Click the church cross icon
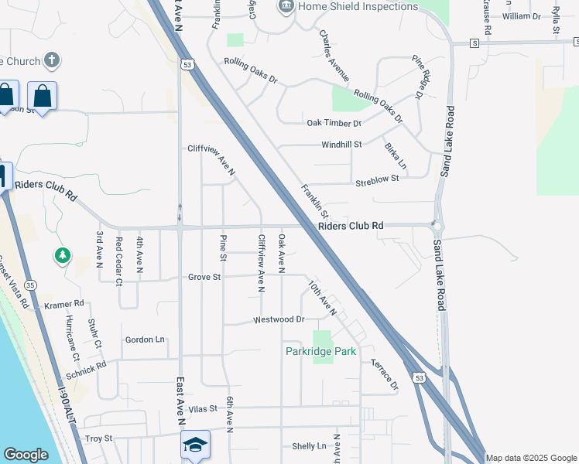pos(52,60)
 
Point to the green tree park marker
pos(63,254)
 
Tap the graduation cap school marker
pos(195,445)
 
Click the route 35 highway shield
pos(29,284)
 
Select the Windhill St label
pos(341,145)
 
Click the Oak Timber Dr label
pos(334,123)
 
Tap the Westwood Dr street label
pos(279,319)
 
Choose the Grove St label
pos(204,276)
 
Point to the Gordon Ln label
pos(145,339)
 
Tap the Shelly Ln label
pos(309,446)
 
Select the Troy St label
pos(98,438)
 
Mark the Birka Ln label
pos(395,155)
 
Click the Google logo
pos(26,455)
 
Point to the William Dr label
pos(522,16)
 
